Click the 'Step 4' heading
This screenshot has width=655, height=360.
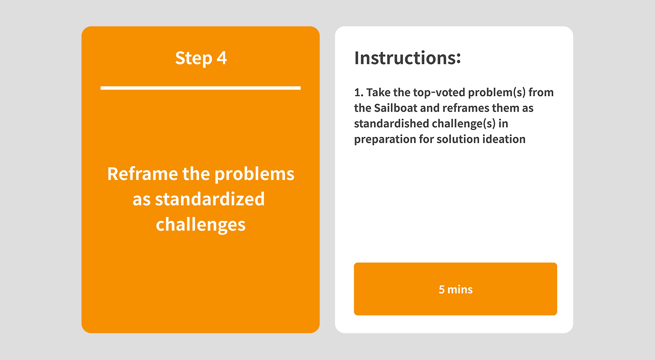(201, 58)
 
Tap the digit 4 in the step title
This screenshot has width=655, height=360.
(222, 58)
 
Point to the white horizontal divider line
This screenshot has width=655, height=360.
(201, 88)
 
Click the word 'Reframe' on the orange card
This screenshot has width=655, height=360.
(142, 173)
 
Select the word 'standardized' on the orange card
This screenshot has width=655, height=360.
(210, 199)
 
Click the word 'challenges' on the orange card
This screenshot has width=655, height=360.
(201, 224)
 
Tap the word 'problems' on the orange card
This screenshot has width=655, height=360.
(254, 174)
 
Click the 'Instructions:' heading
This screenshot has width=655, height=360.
(407, 58)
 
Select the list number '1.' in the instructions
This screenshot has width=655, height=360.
(359, 93)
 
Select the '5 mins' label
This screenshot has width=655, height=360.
(455, 289)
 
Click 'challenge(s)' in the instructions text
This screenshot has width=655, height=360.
(464, 124)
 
